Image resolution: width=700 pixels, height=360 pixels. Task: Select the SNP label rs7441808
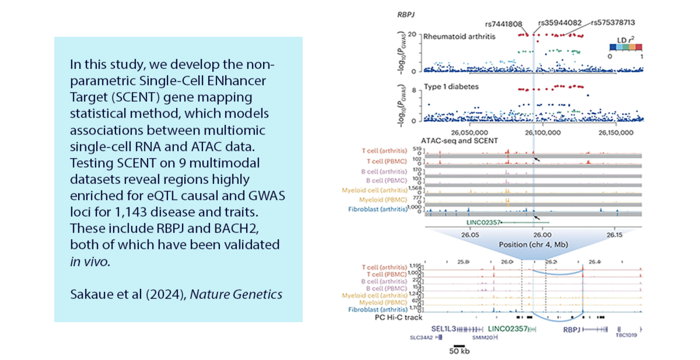coord(504,24)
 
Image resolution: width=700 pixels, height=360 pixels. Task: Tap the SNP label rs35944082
coord(557,24)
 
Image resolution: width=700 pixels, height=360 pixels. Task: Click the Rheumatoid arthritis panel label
coord(458,37)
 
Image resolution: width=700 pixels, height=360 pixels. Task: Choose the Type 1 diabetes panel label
coord(447,86)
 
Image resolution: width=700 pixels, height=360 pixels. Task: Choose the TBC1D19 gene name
coord(627,338)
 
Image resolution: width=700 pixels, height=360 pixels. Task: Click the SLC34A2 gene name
coord(422,338)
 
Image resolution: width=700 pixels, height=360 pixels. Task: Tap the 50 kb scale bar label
coord(459,352)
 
